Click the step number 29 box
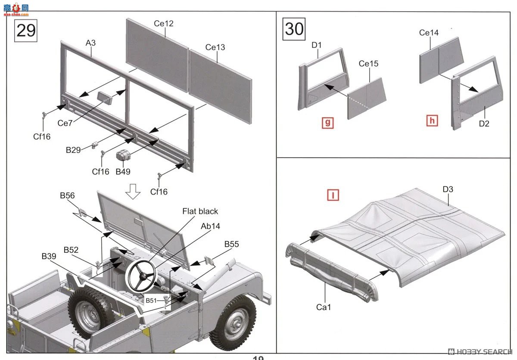pyautogui.click(x=26, y=31)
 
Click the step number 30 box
pyautogui.click(x=294, y=29)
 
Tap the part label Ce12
pyautogui.click(x=164, y=23)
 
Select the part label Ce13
pyautogui.click(x=215, y=47)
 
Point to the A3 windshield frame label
pyautogui.click(x=90, y=43)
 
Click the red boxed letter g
pyautogui.click(x=328, y=123)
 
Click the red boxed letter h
pyautogui.click(x=432, y=121)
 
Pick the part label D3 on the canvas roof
pyautogui.click(x=448, y=189)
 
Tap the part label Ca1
pyautogui.click(x=324, y=307)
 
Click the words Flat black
pyautogui.click(x=200, y=211)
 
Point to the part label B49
pyautogui.click(x=123, y=172)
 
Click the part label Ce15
pyautogui.click(x=368, y=63)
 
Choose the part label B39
pyautogui.click(x=49, y=256)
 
